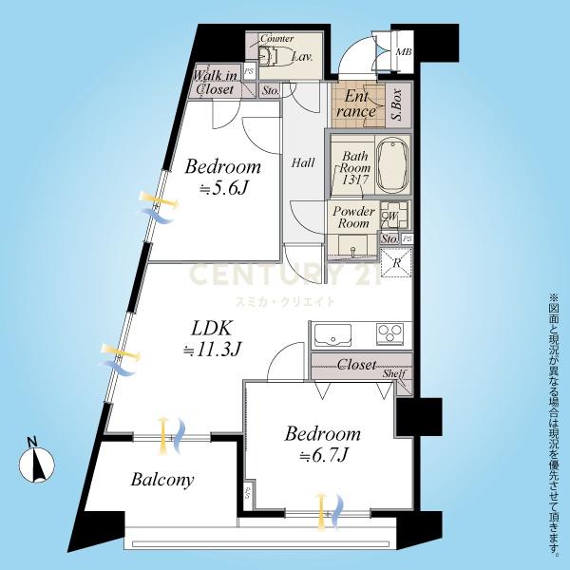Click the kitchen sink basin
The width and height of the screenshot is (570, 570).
(332, 334)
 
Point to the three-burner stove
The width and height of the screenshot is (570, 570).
(390, 332)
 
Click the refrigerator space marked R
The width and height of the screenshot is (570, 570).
(396, 262)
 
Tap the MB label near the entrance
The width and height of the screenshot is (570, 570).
(404, 52)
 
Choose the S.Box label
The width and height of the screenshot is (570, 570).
(397, 104)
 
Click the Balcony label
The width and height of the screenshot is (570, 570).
(162, 480)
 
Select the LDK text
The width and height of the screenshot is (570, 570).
(211, 329)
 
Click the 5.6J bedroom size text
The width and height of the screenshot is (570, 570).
(223, 188)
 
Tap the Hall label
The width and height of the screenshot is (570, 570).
(303, 162)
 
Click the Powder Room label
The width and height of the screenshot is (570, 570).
(353, 217)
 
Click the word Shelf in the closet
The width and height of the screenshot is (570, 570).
(394, 373)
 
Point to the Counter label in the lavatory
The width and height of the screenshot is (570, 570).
(277, 38)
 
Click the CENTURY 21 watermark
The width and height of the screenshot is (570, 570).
(285, 275)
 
